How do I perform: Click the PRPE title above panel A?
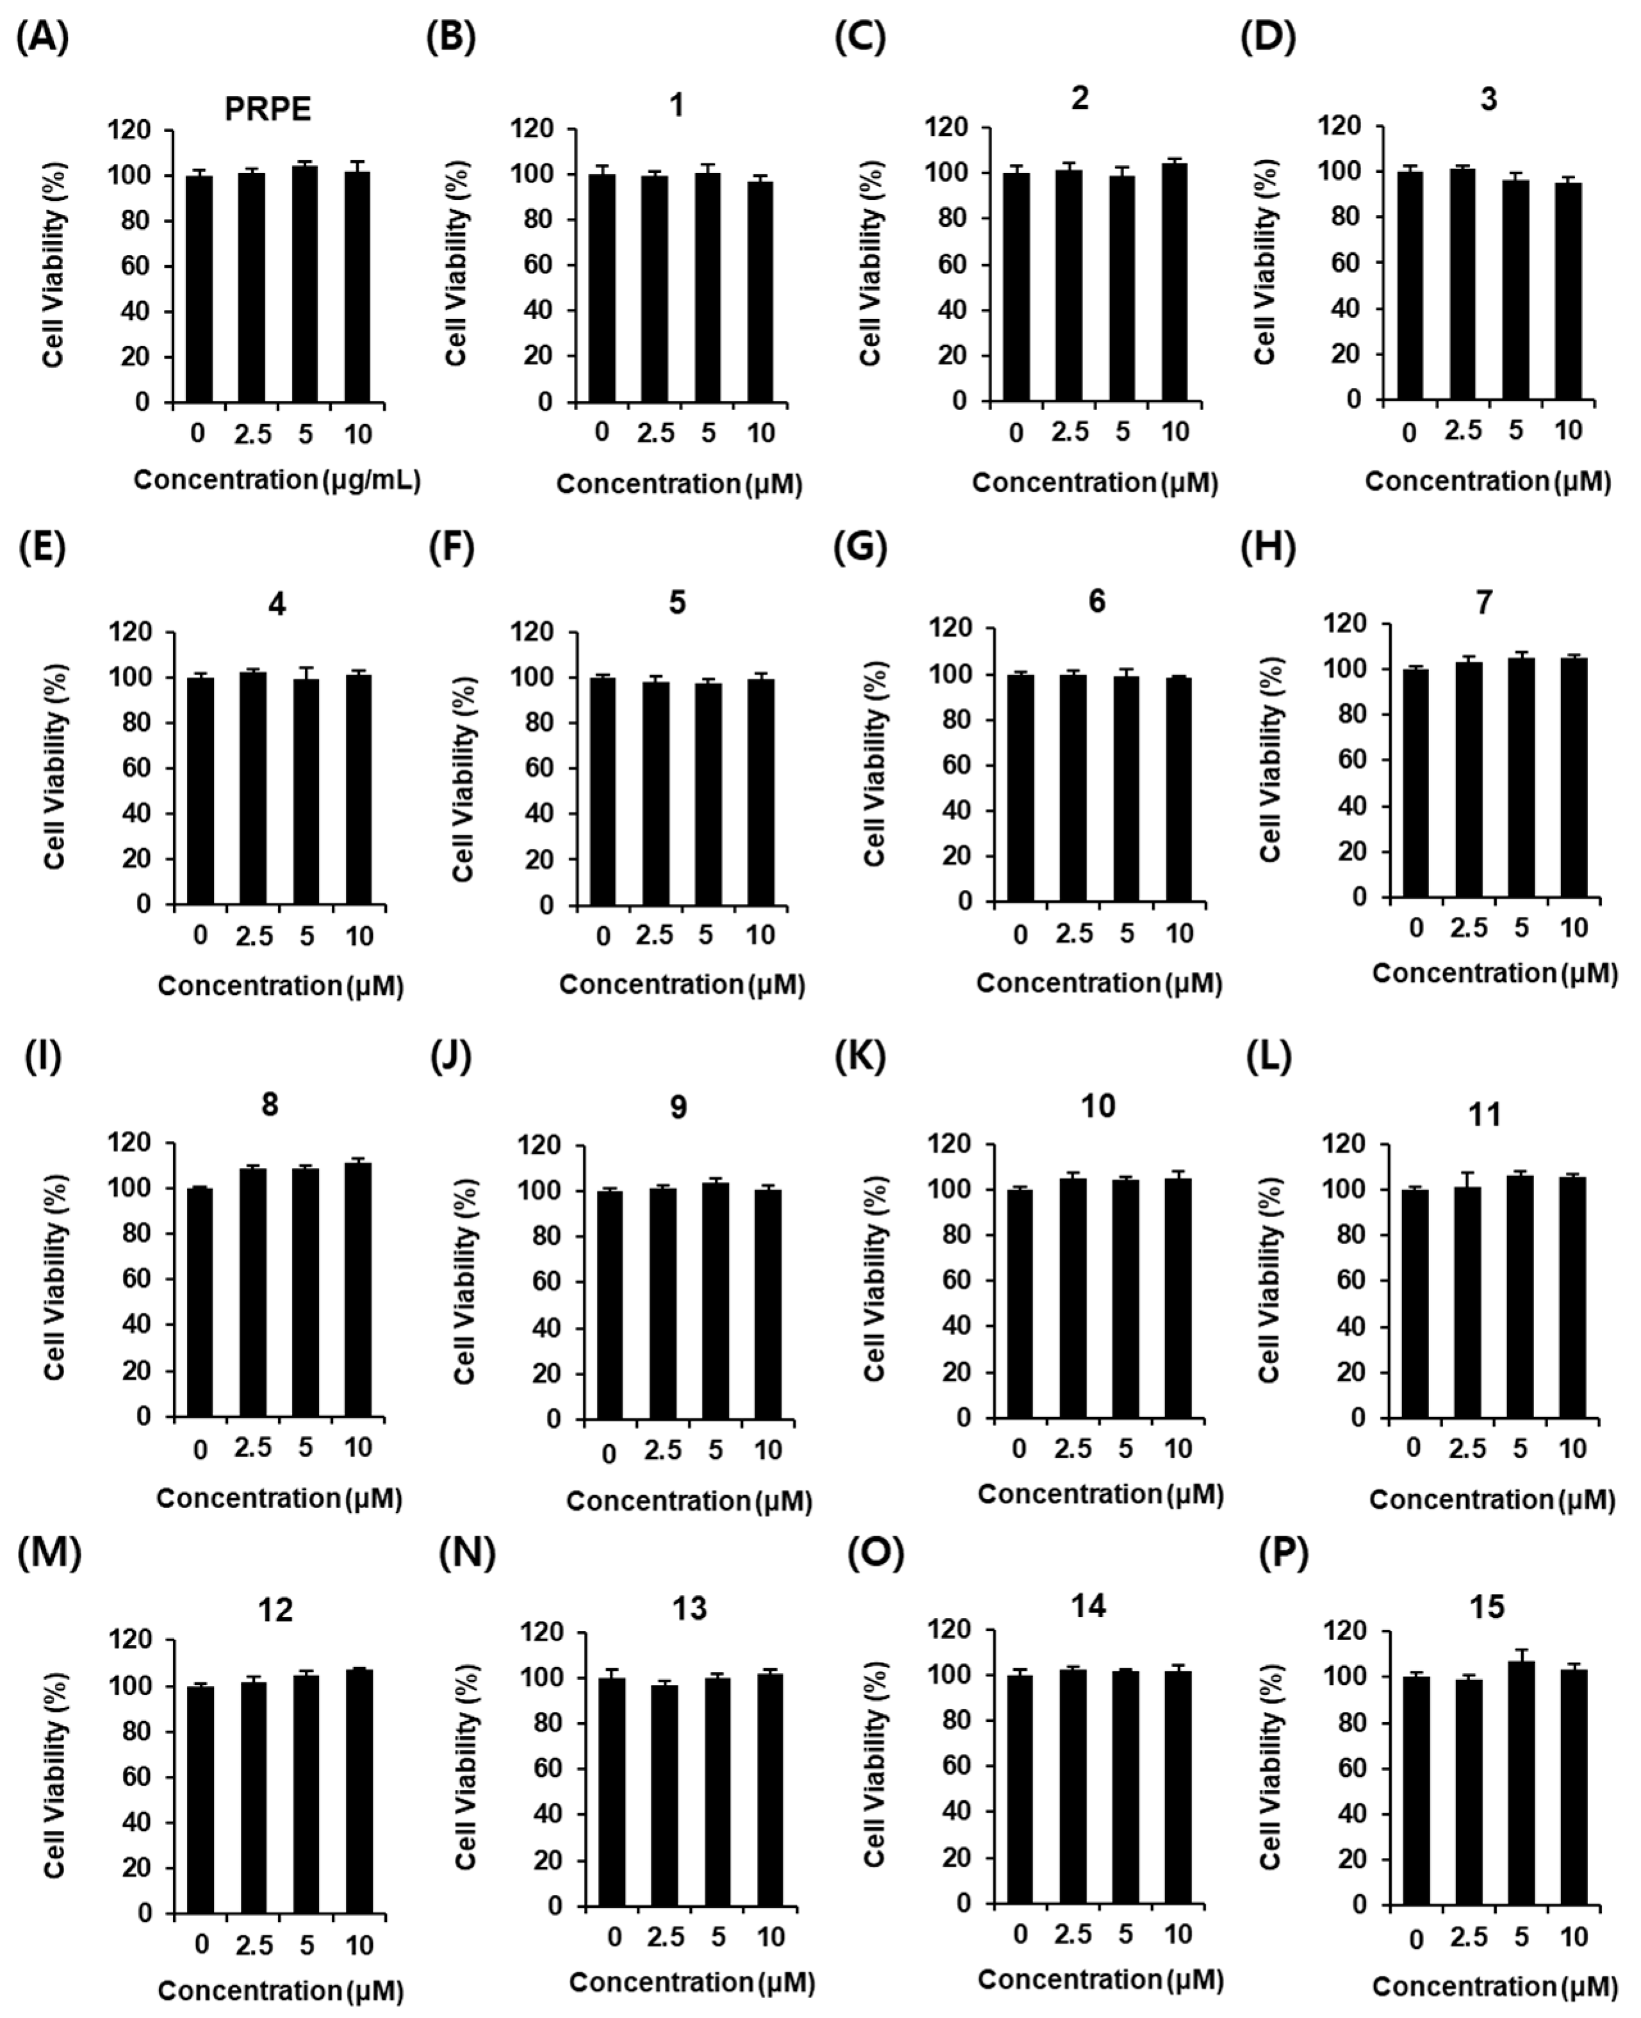click(268, 110)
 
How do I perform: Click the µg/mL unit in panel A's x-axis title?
click(371, 480)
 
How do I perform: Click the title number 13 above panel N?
click(689, 1608)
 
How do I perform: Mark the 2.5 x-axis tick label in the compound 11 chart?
click(1467, 1448)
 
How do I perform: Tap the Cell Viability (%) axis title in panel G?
click(874, 763)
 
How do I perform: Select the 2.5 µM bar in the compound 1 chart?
click(654, 288)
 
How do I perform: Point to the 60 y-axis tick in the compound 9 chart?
click(546, 1282)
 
